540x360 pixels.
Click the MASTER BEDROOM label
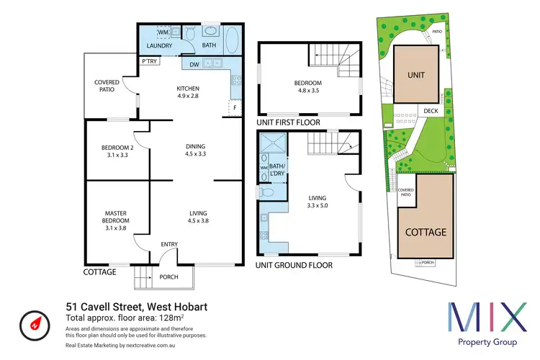click(x=115, y=217)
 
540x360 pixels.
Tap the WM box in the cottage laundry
click(x=163, y=33)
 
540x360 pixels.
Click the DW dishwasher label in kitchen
click(x=194, y=65)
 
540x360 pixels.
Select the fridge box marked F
click(x=233, y=108)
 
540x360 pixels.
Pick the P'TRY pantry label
click(x=150, y=61)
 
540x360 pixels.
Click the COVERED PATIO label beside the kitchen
click(x=107, y=86)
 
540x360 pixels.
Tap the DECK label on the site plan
click(x=431, y=111)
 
